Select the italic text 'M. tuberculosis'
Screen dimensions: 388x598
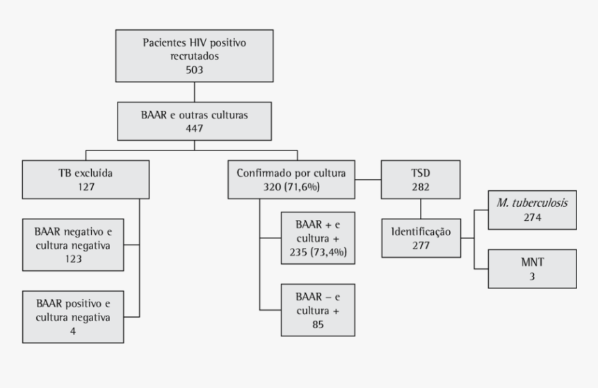(x=532, y=203)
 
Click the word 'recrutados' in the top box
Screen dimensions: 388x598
(x=194, y=56)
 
